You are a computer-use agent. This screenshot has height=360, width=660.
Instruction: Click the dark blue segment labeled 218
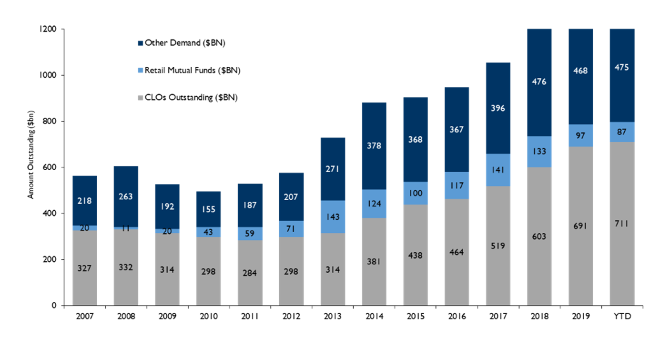[x=84, y=200]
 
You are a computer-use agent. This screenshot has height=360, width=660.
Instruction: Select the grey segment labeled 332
[x=126, y=267]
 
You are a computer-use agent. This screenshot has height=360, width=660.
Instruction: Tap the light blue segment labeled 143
[x=333, y=217]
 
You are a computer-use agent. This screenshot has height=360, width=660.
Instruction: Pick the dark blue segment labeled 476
[x=539, y=82]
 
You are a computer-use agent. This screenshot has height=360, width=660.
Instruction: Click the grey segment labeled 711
[x=622, y=223]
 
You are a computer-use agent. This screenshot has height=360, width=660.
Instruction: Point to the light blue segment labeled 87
[x=622, y=132]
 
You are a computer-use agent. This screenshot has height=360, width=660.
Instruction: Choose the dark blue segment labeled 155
[x=208, y=209]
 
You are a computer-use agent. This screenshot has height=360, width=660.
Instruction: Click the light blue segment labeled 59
[x=250, y=234]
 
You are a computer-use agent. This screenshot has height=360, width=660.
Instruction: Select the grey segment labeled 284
[x=250, y=273]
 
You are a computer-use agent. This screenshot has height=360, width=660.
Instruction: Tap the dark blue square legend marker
[x=140, y=43]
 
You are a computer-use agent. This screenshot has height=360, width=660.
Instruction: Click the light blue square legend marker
[x=140, y=71]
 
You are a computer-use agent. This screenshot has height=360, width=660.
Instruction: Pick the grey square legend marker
[x=140, y=98]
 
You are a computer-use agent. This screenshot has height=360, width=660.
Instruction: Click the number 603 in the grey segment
[x=539, y=237]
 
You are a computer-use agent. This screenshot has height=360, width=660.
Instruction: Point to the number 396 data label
[x=498, y=108]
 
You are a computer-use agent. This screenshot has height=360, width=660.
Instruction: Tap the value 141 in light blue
[x=498, y=170]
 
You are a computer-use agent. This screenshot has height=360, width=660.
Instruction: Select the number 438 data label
[x=415, y=256]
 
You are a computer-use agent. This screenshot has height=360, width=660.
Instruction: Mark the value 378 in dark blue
[x=374, y=146]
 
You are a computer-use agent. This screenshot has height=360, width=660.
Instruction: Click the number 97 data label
[x=580, y=136]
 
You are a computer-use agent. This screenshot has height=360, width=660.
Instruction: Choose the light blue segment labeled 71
[x=291, y=229]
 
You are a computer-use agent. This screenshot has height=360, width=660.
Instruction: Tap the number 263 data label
[x=126, y=196]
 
